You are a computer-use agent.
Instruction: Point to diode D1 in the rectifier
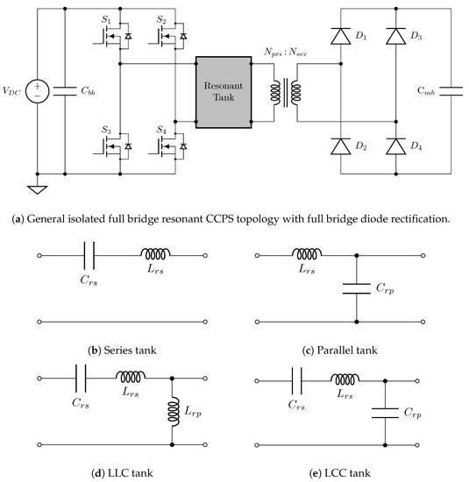(342, 37)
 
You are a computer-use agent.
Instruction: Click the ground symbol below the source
(38, 190)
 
